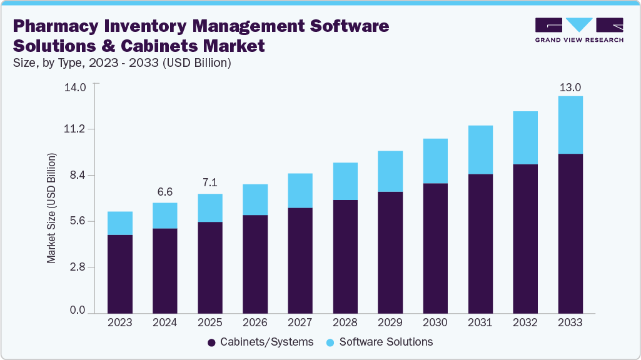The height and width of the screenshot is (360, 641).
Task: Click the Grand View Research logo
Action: click(579, 30)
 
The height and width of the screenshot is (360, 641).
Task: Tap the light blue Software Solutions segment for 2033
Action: click(570, 124)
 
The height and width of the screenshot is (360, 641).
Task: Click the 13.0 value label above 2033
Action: click(570, 87)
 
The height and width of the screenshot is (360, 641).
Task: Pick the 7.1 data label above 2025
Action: click(210, 183)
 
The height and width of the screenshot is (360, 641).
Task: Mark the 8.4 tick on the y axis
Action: click(78, 176)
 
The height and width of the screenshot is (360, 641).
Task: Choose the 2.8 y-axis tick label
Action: click(78, 267)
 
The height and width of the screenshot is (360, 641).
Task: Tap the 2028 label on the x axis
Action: click(345, 322)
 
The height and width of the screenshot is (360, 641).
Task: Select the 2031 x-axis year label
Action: click(480, 322)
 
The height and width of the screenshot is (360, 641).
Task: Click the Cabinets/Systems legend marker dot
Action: click(211, 342)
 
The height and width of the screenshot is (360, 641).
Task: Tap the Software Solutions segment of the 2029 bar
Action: click(390, 171)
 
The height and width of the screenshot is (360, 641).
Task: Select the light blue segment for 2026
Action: click(255, 199)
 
